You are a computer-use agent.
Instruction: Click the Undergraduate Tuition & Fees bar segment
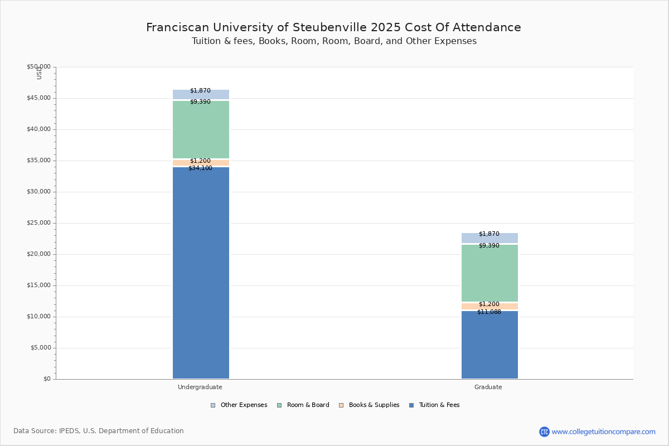click(201, 273)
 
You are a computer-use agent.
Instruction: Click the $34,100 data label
click(200, 168)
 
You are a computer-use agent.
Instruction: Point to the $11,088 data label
click(489, 312)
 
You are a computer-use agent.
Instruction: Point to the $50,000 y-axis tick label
click(38, 67)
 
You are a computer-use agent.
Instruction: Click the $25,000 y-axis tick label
click(38, 223)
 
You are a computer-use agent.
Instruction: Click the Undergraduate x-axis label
click(200, 387)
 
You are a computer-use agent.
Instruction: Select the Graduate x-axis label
click(488, 387)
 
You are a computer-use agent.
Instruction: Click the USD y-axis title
click(39, 72)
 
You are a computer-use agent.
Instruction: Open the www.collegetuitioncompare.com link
click(603, 432)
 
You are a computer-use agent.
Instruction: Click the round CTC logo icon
click(544, 432)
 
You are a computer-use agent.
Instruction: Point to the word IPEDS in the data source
click(70, 431)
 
